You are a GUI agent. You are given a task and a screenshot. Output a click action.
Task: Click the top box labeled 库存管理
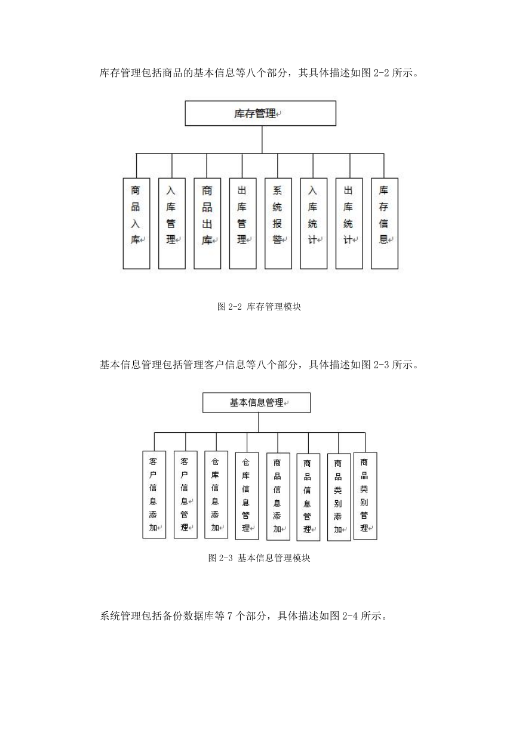click(260, 113)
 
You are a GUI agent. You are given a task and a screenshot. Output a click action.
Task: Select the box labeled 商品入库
click(136, 223)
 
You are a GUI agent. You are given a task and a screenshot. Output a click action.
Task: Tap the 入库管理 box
click(172, 223)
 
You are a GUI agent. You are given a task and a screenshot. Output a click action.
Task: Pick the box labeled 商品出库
click(207, 223)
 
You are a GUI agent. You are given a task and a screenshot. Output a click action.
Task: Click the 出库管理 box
click(242, 223)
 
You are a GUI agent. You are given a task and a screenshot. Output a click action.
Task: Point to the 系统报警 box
click(278, 223)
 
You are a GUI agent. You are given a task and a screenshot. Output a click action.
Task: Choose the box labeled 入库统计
click(314, 223)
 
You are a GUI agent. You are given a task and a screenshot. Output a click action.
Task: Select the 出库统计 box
click(349, 223)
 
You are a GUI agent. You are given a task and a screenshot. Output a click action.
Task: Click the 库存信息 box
click(385, 223)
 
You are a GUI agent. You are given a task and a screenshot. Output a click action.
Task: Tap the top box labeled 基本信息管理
click(256, 403)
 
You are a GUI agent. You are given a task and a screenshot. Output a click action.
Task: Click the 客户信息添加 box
click(154, 495)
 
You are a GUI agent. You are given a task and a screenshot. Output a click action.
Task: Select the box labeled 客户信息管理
click(185, 495)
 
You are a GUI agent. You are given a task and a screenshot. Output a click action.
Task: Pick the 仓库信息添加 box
click(216, 495)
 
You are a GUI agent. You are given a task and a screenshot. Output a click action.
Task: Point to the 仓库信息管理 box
click(247, 496)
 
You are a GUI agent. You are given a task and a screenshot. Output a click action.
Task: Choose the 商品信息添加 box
click(278, 497)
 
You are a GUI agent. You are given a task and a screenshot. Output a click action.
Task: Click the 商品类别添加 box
click(339, 497)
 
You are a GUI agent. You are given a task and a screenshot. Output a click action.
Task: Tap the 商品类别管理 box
click(365, 496)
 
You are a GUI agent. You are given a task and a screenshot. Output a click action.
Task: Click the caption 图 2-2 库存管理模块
click(259, 307)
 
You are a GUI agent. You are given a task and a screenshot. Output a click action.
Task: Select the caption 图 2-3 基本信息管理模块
click(259, 558)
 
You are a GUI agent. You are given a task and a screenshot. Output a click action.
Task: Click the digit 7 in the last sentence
click(229, 616)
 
